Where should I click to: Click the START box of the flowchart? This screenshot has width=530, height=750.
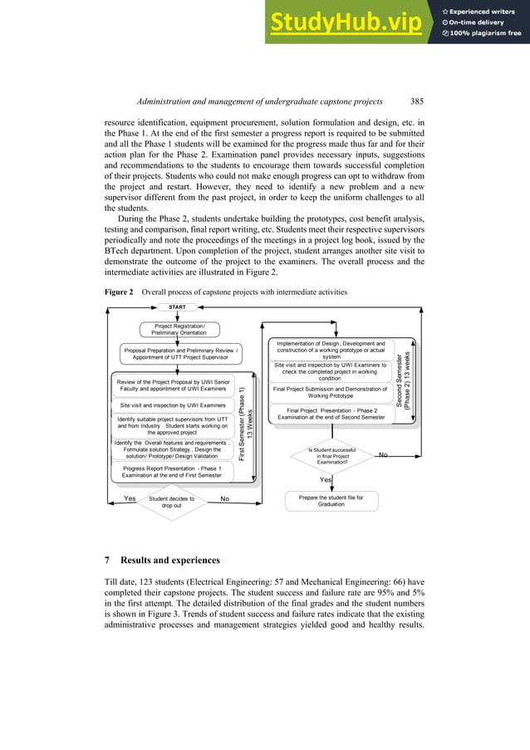pos(177,307)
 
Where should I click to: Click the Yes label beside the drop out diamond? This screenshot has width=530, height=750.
pos(130,499)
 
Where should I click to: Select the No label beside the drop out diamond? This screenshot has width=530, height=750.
pos(224,499)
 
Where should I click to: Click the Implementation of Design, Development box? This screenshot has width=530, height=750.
pos(330,350)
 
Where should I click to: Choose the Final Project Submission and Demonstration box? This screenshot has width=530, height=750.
pos(330,392)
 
